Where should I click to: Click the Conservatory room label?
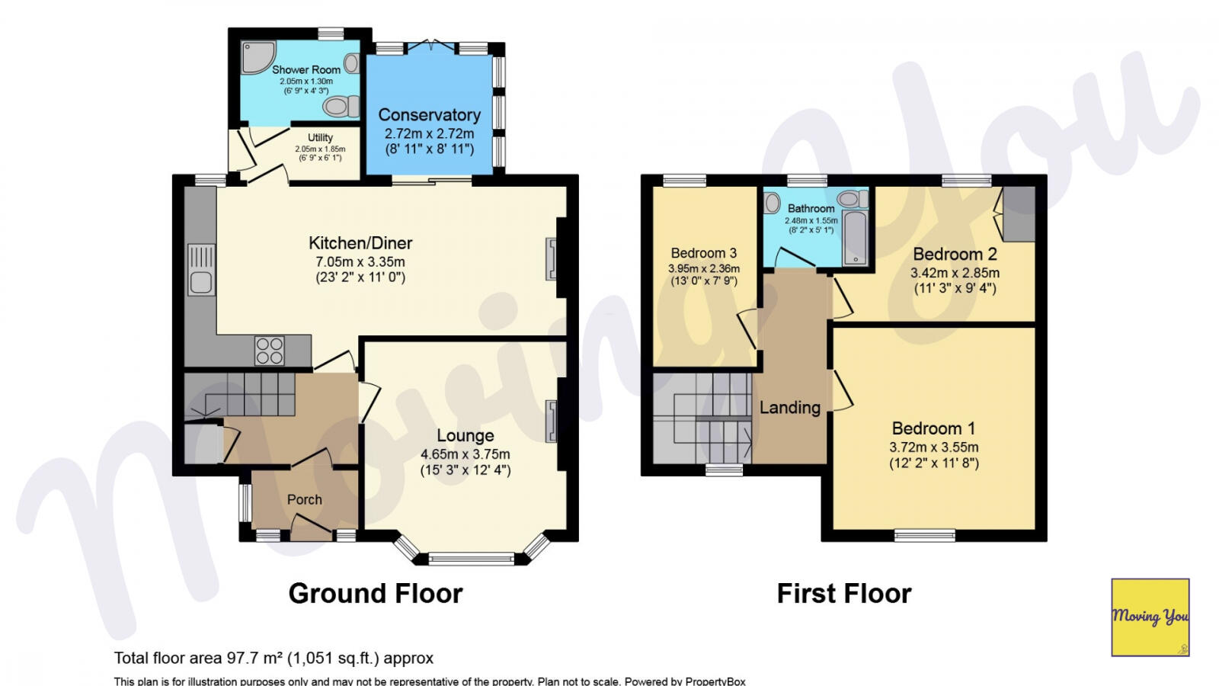click(x=429, y=115)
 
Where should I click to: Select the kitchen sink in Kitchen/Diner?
click(x=200, y=283)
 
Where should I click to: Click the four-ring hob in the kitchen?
click(x=270, y=351)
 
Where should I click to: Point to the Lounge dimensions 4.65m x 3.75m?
click(x=465, y=454)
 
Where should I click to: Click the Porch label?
click(x=304, y=500)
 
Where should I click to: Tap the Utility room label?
click(x=320, y=138)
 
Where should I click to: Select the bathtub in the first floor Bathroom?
click(x=856, y=239)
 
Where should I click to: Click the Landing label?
click(x=789, y=408)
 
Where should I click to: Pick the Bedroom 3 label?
click(x=703, y=253)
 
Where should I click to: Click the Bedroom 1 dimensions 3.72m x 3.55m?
click(x=933, y=447)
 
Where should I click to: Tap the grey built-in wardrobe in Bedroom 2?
click(x=1019, y=213)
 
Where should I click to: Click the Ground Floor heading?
click(x=375, y=594)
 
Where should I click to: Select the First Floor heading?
click(x=843, y=594)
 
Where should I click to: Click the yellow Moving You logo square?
click(x=1150, y=617)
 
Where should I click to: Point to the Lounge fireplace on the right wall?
click(x=551, y=421)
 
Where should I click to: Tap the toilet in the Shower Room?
click(x=341, y=106)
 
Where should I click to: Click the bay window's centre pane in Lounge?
click(x=472, y=559)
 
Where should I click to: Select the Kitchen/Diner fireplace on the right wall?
click(x=551, y=259)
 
